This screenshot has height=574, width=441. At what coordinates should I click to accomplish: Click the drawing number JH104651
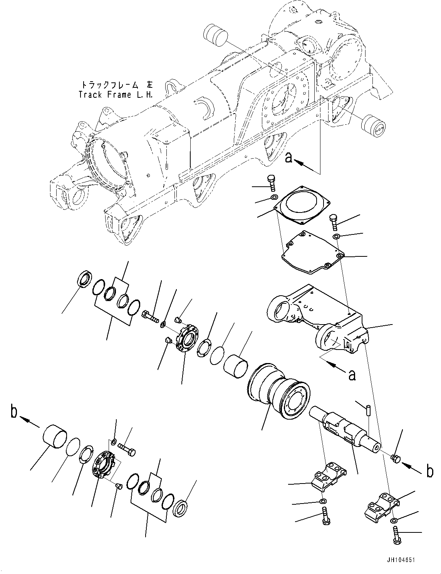coord(401,561)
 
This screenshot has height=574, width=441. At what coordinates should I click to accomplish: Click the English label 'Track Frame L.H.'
coord(116,94)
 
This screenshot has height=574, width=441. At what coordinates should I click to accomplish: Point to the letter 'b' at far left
coord(14,412)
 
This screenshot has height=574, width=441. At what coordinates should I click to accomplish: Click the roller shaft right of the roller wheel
coord(345,428)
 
